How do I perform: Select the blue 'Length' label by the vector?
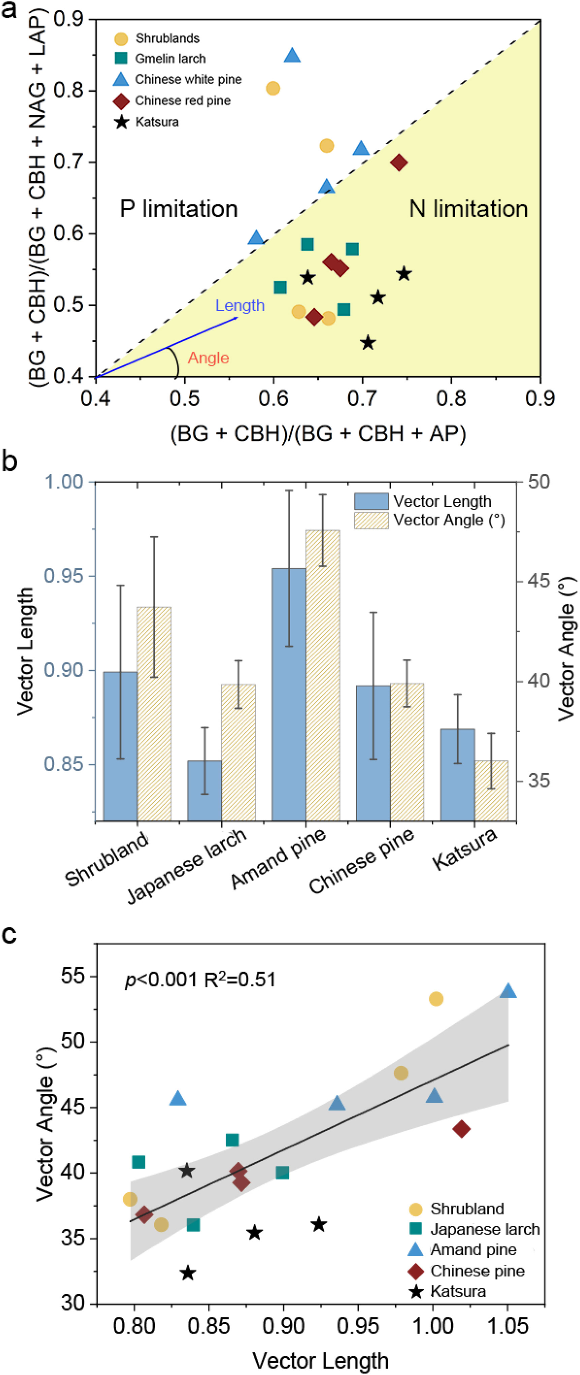(x=240, y=305)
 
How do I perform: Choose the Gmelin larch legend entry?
(x=170, y=58)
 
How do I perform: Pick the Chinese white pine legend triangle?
(x=121, y=79)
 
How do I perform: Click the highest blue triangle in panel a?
(x=292, y=56)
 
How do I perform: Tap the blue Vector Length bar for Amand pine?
(x=289, y=694)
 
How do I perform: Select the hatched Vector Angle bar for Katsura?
(x=491, y=790)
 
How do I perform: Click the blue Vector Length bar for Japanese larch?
(x=205, y=790)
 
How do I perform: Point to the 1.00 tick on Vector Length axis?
(x=64, y=482)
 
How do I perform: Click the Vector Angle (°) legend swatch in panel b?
(x=371, y=520)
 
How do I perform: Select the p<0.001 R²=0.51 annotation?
(x=200, y=980)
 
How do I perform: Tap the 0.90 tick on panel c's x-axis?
(x=283, y=1326)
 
